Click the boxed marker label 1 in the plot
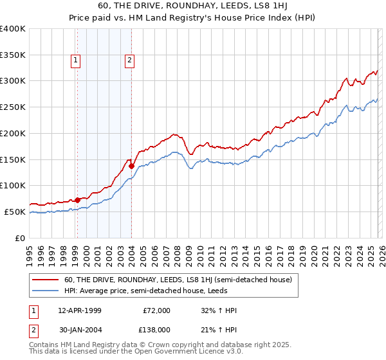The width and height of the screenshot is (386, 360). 76,60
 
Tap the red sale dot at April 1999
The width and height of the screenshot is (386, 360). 77,200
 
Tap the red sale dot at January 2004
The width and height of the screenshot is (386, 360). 131,166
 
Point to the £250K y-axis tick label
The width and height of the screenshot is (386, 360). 13,107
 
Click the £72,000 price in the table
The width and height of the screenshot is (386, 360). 156,310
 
